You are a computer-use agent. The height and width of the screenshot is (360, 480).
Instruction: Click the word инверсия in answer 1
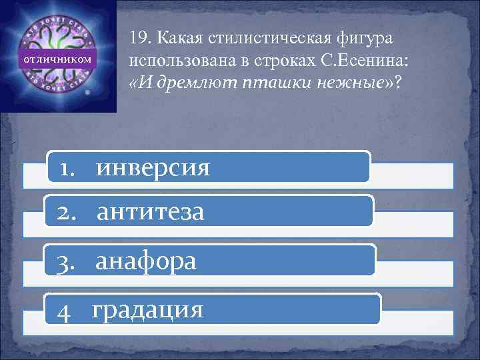point(153,168)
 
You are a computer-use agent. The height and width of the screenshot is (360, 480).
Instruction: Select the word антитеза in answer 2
point(151,213)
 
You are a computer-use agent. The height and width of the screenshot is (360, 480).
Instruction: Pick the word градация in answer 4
point(147,309)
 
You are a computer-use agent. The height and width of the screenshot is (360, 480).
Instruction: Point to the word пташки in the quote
point(269,83)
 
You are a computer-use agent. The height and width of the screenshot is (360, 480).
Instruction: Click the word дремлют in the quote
point(194,83)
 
